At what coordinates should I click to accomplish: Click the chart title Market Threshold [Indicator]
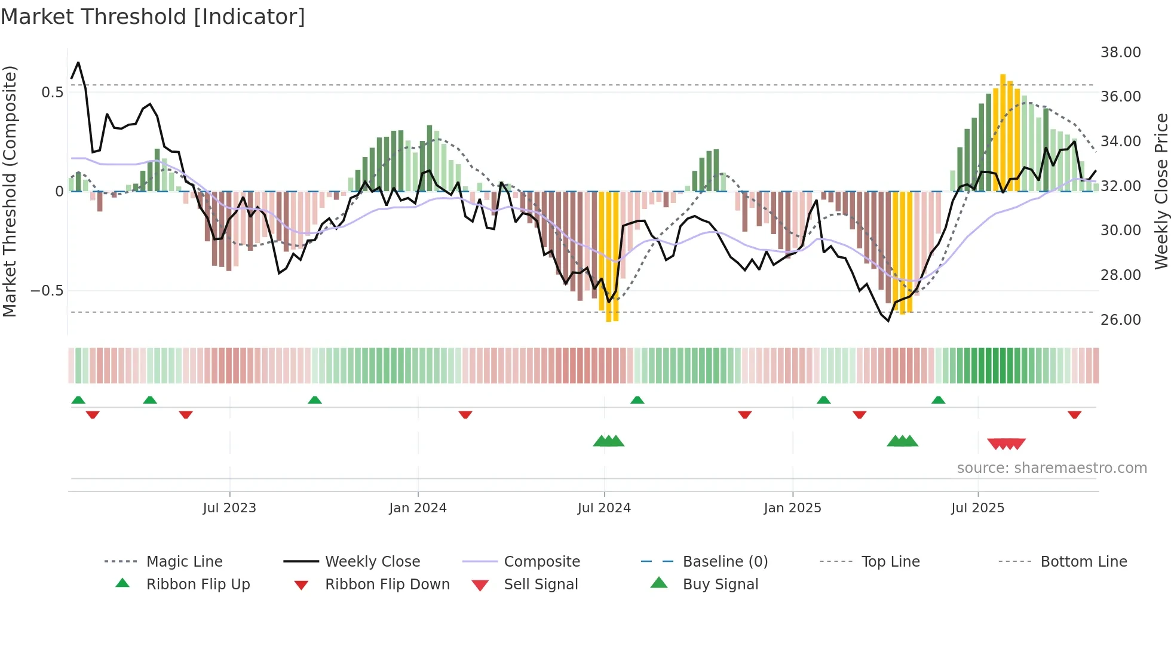point(153,17)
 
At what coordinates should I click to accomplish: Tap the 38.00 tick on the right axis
point(1120,53)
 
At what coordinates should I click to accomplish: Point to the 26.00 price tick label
point(1120,320)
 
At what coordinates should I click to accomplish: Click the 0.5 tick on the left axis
point(52,93)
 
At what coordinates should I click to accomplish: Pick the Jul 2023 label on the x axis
point(229,508)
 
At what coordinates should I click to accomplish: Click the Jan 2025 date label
point(792,508)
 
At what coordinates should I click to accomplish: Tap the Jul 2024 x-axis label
point(604,508)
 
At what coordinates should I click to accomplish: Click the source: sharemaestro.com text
point(1052,468)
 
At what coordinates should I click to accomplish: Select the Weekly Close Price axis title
point(1161,191)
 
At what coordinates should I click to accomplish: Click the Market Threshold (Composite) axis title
point(10,191)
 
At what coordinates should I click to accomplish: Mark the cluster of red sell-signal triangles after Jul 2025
point(1006,444)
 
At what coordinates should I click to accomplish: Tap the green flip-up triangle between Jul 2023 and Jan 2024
point(315,400)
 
